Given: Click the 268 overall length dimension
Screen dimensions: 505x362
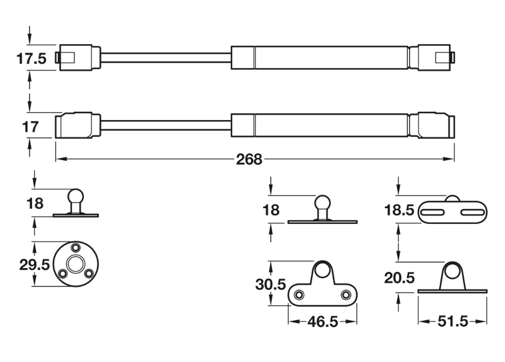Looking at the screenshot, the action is click(x=249, y=159).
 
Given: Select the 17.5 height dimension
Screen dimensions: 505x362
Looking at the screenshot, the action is click(x=32, y=58).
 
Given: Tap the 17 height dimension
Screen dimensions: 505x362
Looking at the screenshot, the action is click(x=30, y=126).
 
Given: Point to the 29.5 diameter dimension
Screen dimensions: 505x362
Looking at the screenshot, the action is click(x=34, y=265).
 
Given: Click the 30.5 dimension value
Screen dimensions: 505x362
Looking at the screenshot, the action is click(x=271, y=285).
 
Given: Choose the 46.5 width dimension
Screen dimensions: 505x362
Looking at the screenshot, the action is click(x=323, y=322).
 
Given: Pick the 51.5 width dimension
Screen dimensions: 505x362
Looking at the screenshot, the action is click(x=452, y=321).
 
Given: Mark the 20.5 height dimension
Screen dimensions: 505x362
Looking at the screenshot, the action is click(x=399, y=278).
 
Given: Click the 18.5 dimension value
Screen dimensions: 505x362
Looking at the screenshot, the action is click(x=399, y=210).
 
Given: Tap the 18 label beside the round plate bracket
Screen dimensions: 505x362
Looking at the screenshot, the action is click(x=35, y=203).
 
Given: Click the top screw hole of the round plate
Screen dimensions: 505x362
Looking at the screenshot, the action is click(x=76, y=248).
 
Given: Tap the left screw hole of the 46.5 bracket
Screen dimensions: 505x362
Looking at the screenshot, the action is click(x=299, y=295).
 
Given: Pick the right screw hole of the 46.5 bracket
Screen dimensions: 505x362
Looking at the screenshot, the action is click(x=346, y=295).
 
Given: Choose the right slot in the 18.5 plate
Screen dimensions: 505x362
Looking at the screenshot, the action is click(x=472, y=212).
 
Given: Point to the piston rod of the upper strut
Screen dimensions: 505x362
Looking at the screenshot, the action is click(x=166, y=58).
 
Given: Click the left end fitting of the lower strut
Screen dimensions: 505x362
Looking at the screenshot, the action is click(x=78, y=125).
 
